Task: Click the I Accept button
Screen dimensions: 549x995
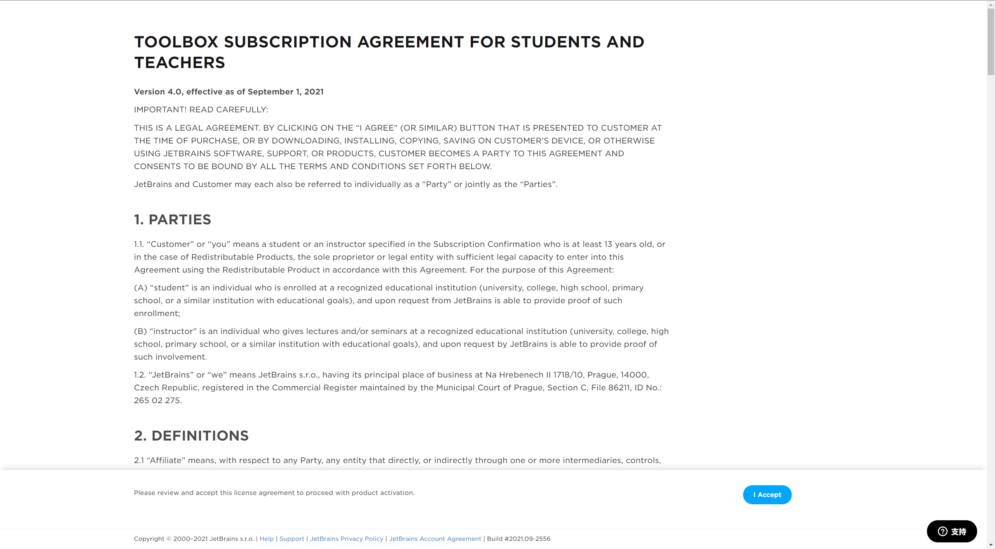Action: pyautogui.click(x=767, y=495)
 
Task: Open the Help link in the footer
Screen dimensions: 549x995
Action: pyautogui.click(x=267, y=539)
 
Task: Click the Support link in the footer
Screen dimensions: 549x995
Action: pyautogui.click(x=292, y=539)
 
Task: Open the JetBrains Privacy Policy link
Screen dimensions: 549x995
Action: pyautogui.click(x=346, y=539)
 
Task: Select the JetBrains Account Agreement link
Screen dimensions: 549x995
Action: pyautogui.click(x=435, y=539)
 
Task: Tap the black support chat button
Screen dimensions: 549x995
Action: pyautogui.click(x=951, y=531)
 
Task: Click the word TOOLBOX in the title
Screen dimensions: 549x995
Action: pyautogui.click(x=176, y=42)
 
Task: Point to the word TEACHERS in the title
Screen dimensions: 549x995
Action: pyautogui.click(x=180, y=63)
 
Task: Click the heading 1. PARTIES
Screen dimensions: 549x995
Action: pyautogui.click(x=173, y=220)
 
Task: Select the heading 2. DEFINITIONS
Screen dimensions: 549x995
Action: pyautogui.click(x=191, y=436)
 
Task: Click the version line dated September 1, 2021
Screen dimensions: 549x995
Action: pyautogui.click(x=229, y=92)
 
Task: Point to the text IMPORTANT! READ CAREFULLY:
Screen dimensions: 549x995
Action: pyautogui.click(x=201, y=110)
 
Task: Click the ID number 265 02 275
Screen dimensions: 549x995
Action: pyautogui.click(x=157, y=400)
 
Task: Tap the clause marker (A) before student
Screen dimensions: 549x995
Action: pyautogui.click(x=140, y=288)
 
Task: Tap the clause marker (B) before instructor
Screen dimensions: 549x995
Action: pyautogui.click(x=140, y=331)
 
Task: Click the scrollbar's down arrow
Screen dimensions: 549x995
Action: pyautogui.click(x=991, y=545)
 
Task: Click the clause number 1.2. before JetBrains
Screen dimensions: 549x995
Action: pyautogui.click(x=140, y=375)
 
